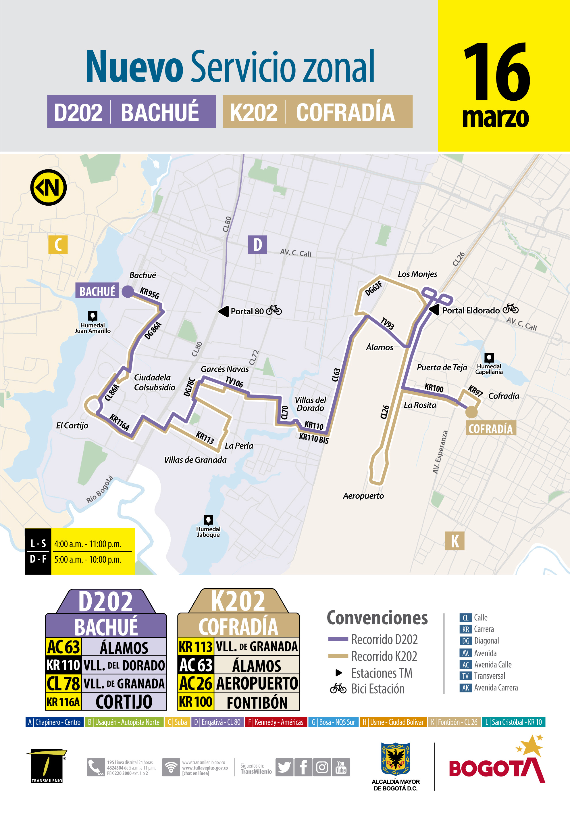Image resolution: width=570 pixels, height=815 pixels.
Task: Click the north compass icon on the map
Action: (49, 188)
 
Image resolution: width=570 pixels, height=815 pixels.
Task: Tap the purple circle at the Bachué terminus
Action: (128, 291)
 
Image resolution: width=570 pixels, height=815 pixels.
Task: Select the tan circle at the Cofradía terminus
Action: (471, 412)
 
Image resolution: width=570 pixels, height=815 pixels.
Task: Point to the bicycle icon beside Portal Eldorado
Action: (511, 309)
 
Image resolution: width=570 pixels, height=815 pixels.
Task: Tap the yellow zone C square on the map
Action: (58, 244)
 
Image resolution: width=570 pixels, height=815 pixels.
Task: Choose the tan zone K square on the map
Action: (455, 541)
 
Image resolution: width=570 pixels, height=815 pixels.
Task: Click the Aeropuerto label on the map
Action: (363, 496)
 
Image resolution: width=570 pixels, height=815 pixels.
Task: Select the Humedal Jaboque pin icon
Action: (208, 520)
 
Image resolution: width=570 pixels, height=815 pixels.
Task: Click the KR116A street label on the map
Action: (119, 422)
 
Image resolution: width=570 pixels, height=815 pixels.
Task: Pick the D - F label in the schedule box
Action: (38, 559)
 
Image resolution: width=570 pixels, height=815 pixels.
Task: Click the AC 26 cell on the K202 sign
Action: (196, 683)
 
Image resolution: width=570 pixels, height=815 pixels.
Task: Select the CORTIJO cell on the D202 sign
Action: (124, 702)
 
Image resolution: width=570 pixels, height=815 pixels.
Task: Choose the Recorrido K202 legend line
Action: (338, 656)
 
